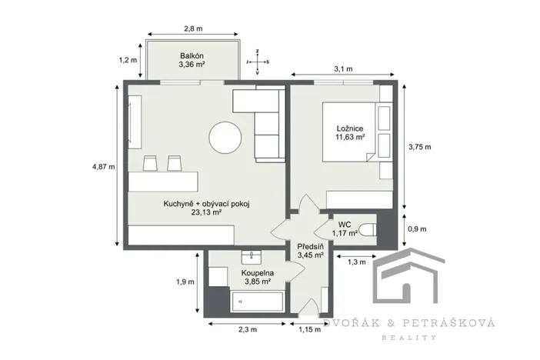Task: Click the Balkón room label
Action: [192, 55]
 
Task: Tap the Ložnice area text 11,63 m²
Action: [349, 138]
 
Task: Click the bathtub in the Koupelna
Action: [258, 301]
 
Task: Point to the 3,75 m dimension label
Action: [419, 147]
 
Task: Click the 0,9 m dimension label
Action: [416, 228]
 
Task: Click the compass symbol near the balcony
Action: [259, 59]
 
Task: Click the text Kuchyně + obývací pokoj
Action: [207, 204]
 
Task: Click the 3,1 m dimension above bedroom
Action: [343, 69]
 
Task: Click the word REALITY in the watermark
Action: [416, 337]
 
